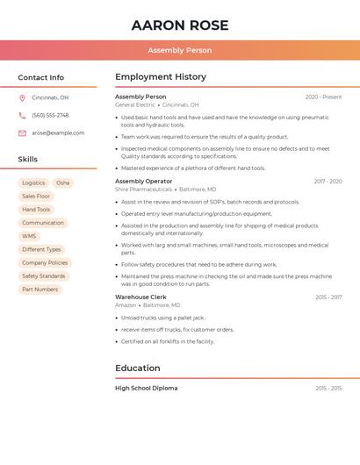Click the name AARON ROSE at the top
180,25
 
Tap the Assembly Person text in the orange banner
180,51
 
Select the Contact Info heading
40,77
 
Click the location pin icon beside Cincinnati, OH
22,97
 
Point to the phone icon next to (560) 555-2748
22,115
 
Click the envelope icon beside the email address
22,133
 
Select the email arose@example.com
58,133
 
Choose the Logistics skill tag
33,183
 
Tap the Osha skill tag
63,183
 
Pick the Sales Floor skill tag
37,197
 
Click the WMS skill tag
30,236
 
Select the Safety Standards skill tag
44,276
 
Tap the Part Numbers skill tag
40,290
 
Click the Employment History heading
161,77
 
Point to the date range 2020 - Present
323,97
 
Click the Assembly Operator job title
143,182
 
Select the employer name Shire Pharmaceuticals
143,190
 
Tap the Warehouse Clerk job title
140,297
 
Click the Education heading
138,368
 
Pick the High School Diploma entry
146,388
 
